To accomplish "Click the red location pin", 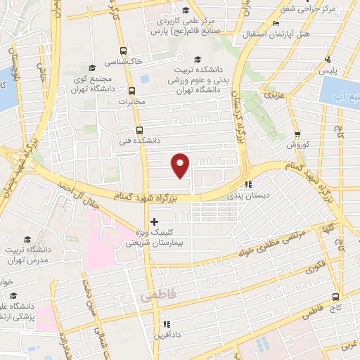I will tap(181, 165).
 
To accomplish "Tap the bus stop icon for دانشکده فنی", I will tap(139, 130).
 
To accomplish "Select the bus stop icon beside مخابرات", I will tap(131, 91).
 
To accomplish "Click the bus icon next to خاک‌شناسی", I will tap(124, 51).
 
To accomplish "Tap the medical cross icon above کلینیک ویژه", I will tap(154, 221).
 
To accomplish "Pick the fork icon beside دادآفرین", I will tap(167, 324).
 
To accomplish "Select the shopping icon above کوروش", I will tap(298, 134).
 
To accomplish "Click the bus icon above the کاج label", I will tap(336, 296).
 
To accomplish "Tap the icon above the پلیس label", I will tap(328, 60).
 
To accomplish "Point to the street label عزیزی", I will tap(272, 93).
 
